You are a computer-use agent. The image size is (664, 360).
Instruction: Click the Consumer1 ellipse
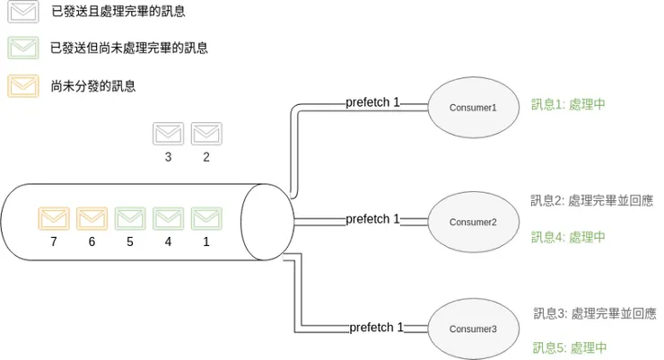coord(473,107)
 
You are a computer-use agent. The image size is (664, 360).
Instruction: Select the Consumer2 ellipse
coord(473,221)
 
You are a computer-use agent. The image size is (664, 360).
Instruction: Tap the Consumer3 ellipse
coord(473,329)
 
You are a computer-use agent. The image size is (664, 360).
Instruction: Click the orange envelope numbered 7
coord(54,218)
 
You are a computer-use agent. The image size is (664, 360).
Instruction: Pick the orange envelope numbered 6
coord(92,218)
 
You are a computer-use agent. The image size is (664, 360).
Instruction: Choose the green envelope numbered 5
coord(130,218)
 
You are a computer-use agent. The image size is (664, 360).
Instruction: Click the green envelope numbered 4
coord(168,218)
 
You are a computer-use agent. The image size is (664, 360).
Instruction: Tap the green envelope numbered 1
coord(206,218)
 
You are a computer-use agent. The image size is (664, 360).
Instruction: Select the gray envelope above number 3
coord(168,134)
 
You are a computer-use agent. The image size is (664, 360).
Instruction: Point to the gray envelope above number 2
coord(206,134)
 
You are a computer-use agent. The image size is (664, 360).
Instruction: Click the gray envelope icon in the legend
coord(22,12)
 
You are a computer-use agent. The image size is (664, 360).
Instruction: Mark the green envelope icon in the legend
coord(22,48)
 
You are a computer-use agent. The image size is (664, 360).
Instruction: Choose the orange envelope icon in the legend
coord(22,85)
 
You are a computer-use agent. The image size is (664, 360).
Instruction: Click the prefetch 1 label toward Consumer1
coord(372,102)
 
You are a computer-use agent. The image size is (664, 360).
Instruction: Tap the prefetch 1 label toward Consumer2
coord(372,219)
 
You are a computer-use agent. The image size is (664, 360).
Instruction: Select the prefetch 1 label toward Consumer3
coord(376,328)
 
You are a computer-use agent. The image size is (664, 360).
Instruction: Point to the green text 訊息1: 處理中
coord(568,104)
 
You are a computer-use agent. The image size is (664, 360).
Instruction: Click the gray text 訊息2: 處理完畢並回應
coord(591,201)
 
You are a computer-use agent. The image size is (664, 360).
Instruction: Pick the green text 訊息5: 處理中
coord(568,347)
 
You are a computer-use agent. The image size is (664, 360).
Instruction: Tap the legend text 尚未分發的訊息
coord(94,86)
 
